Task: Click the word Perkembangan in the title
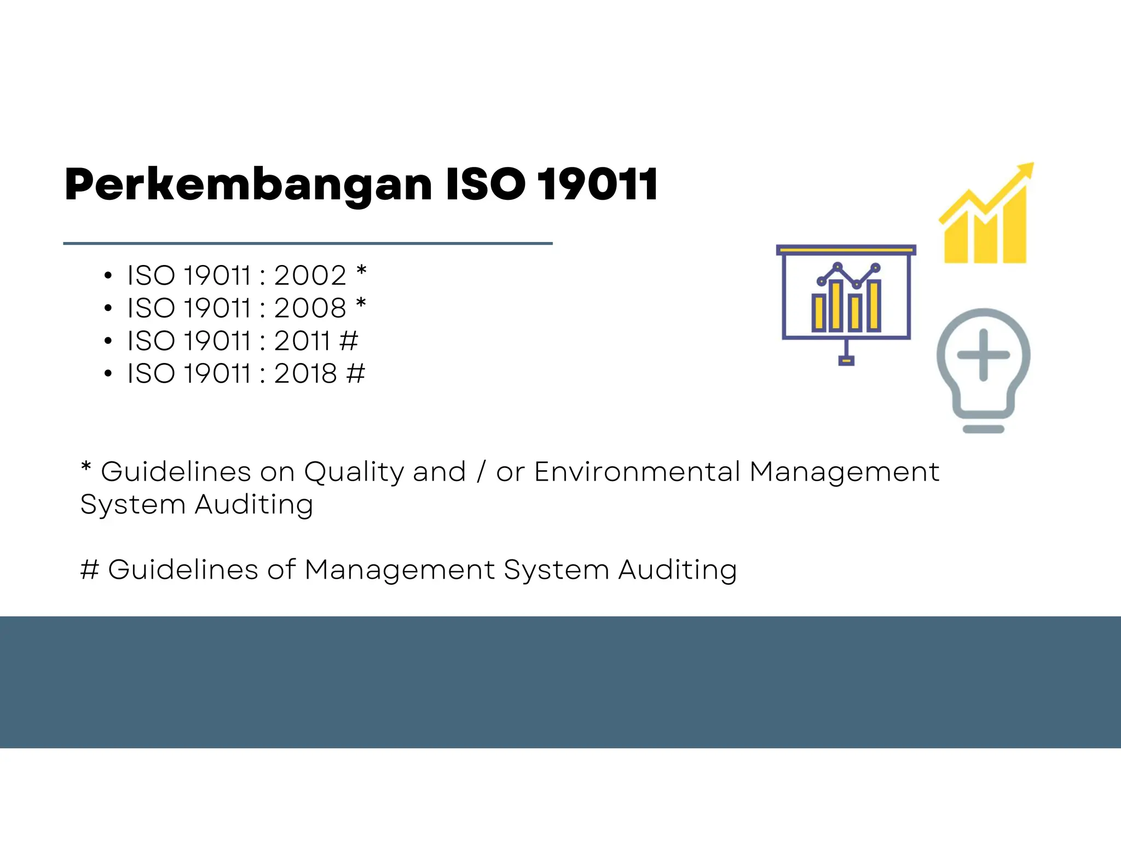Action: [x=248, y=185]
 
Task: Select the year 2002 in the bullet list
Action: [x=310, y=275]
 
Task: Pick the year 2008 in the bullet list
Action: [x=310, y=308]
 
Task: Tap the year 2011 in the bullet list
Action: [x=302, y=340]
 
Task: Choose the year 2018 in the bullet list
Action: [x=305, y=373]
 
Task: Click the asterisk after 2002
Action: [x=361, y=271]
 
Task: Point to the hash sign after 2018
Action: [x=356, y=373]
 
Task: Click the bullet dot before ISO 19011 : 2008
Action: [x=108, y=309]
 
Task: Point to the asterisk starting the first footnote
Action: [x=86, y=468]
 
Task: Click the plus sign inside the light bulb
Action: [x=983, y=355]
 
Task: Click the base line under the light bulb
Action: [x=983, y=429]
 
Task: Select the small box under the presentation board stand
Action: [x=846, y=360]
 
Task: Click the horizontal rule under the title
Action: [x=308, y=243]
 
